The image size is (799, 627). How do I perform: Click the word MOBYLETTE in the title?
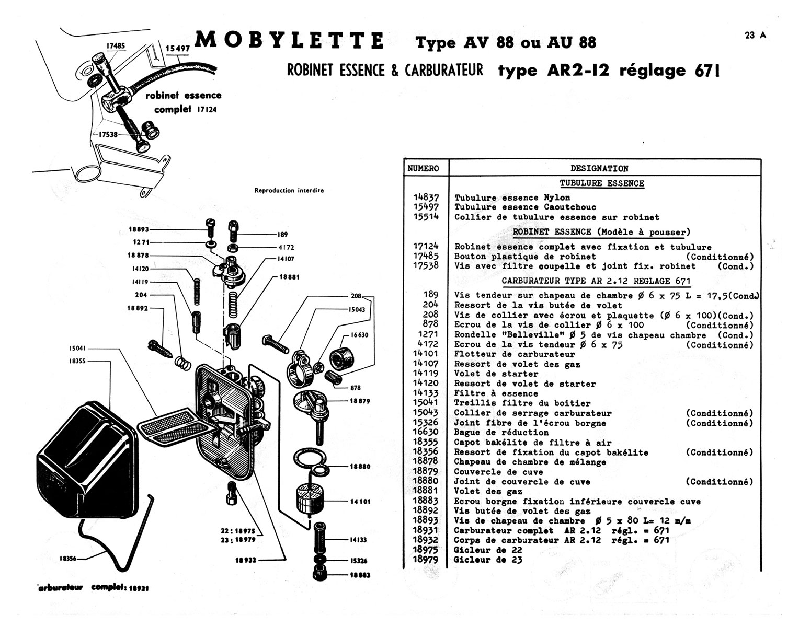tap(290, 41)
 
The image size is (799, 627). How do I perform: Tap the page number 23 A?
tap(756, 36)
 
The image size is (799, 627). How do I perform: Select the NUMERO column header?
tap(423, 168)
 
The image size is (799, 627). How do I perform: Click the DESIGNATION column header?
tap(599, 168)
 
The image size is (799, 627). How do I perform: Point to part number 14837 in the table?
tap(426, 198)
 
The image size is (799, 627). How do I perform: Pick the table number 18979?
tap(426, 560)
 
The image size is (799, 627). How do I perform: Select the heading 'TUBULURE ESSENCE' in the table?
tap(602, 183)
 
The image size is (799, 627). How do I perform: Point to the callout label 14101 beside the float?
tap(360, 502)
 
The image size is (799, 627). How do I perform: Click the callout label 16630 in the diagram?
tap(359, 335)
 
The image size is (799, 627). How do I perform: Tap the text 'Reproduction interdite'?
tap(289, 191)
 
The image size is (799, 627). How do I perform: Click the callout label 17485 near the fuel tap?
tap(116, 46)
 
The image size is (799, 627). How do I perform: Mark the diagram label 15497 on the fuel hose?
tap(177, 49)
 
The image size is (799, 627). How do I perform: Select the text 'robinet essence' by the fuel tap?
tap(184, 95)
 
